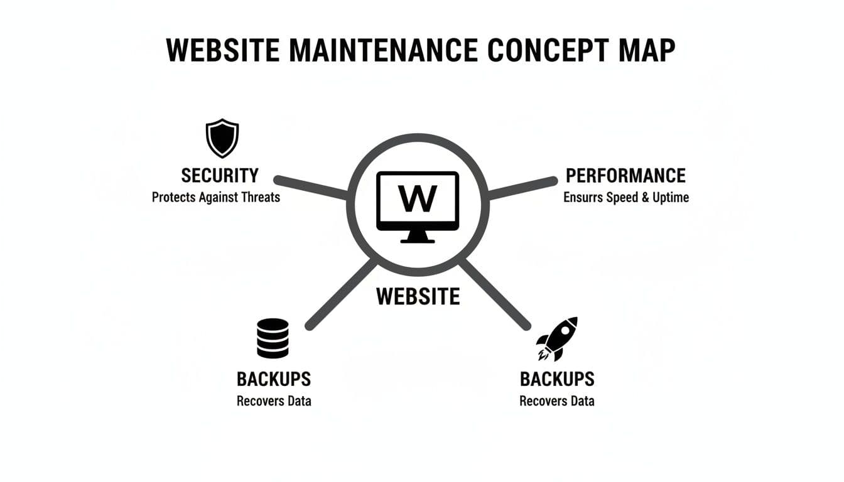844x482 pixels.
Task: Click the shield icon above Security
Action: point(222,139)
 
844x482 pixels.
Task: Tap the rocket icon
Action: point(556,339)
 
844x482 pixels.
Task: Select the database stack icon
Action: point(273,338)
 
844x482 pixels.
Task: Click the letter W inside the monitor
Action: point(418,199)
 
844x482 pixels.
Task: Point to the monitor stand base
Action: point(418,238)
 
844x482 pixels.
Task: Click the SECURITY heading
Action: point(219,175)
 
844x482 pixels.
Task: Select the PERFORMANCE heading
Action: point(625,175)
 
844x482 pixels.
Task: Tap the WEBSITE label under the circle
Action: point(418,296)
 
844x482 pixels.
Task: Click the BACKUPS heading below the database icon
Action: point(274,379)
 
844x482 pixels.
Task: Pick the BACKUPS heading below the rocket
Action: point(557,379)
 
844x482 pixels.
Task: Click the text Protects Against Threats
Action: point(216,197)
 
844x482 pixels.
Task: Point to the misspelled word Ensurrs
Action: point(583,197)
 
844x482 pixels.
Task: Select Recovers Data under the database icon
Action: point(274,401)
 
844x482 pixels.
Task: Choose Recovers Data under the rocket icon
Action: point(557,401)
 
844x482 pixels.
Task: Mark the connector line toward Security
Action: point(311,187)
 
